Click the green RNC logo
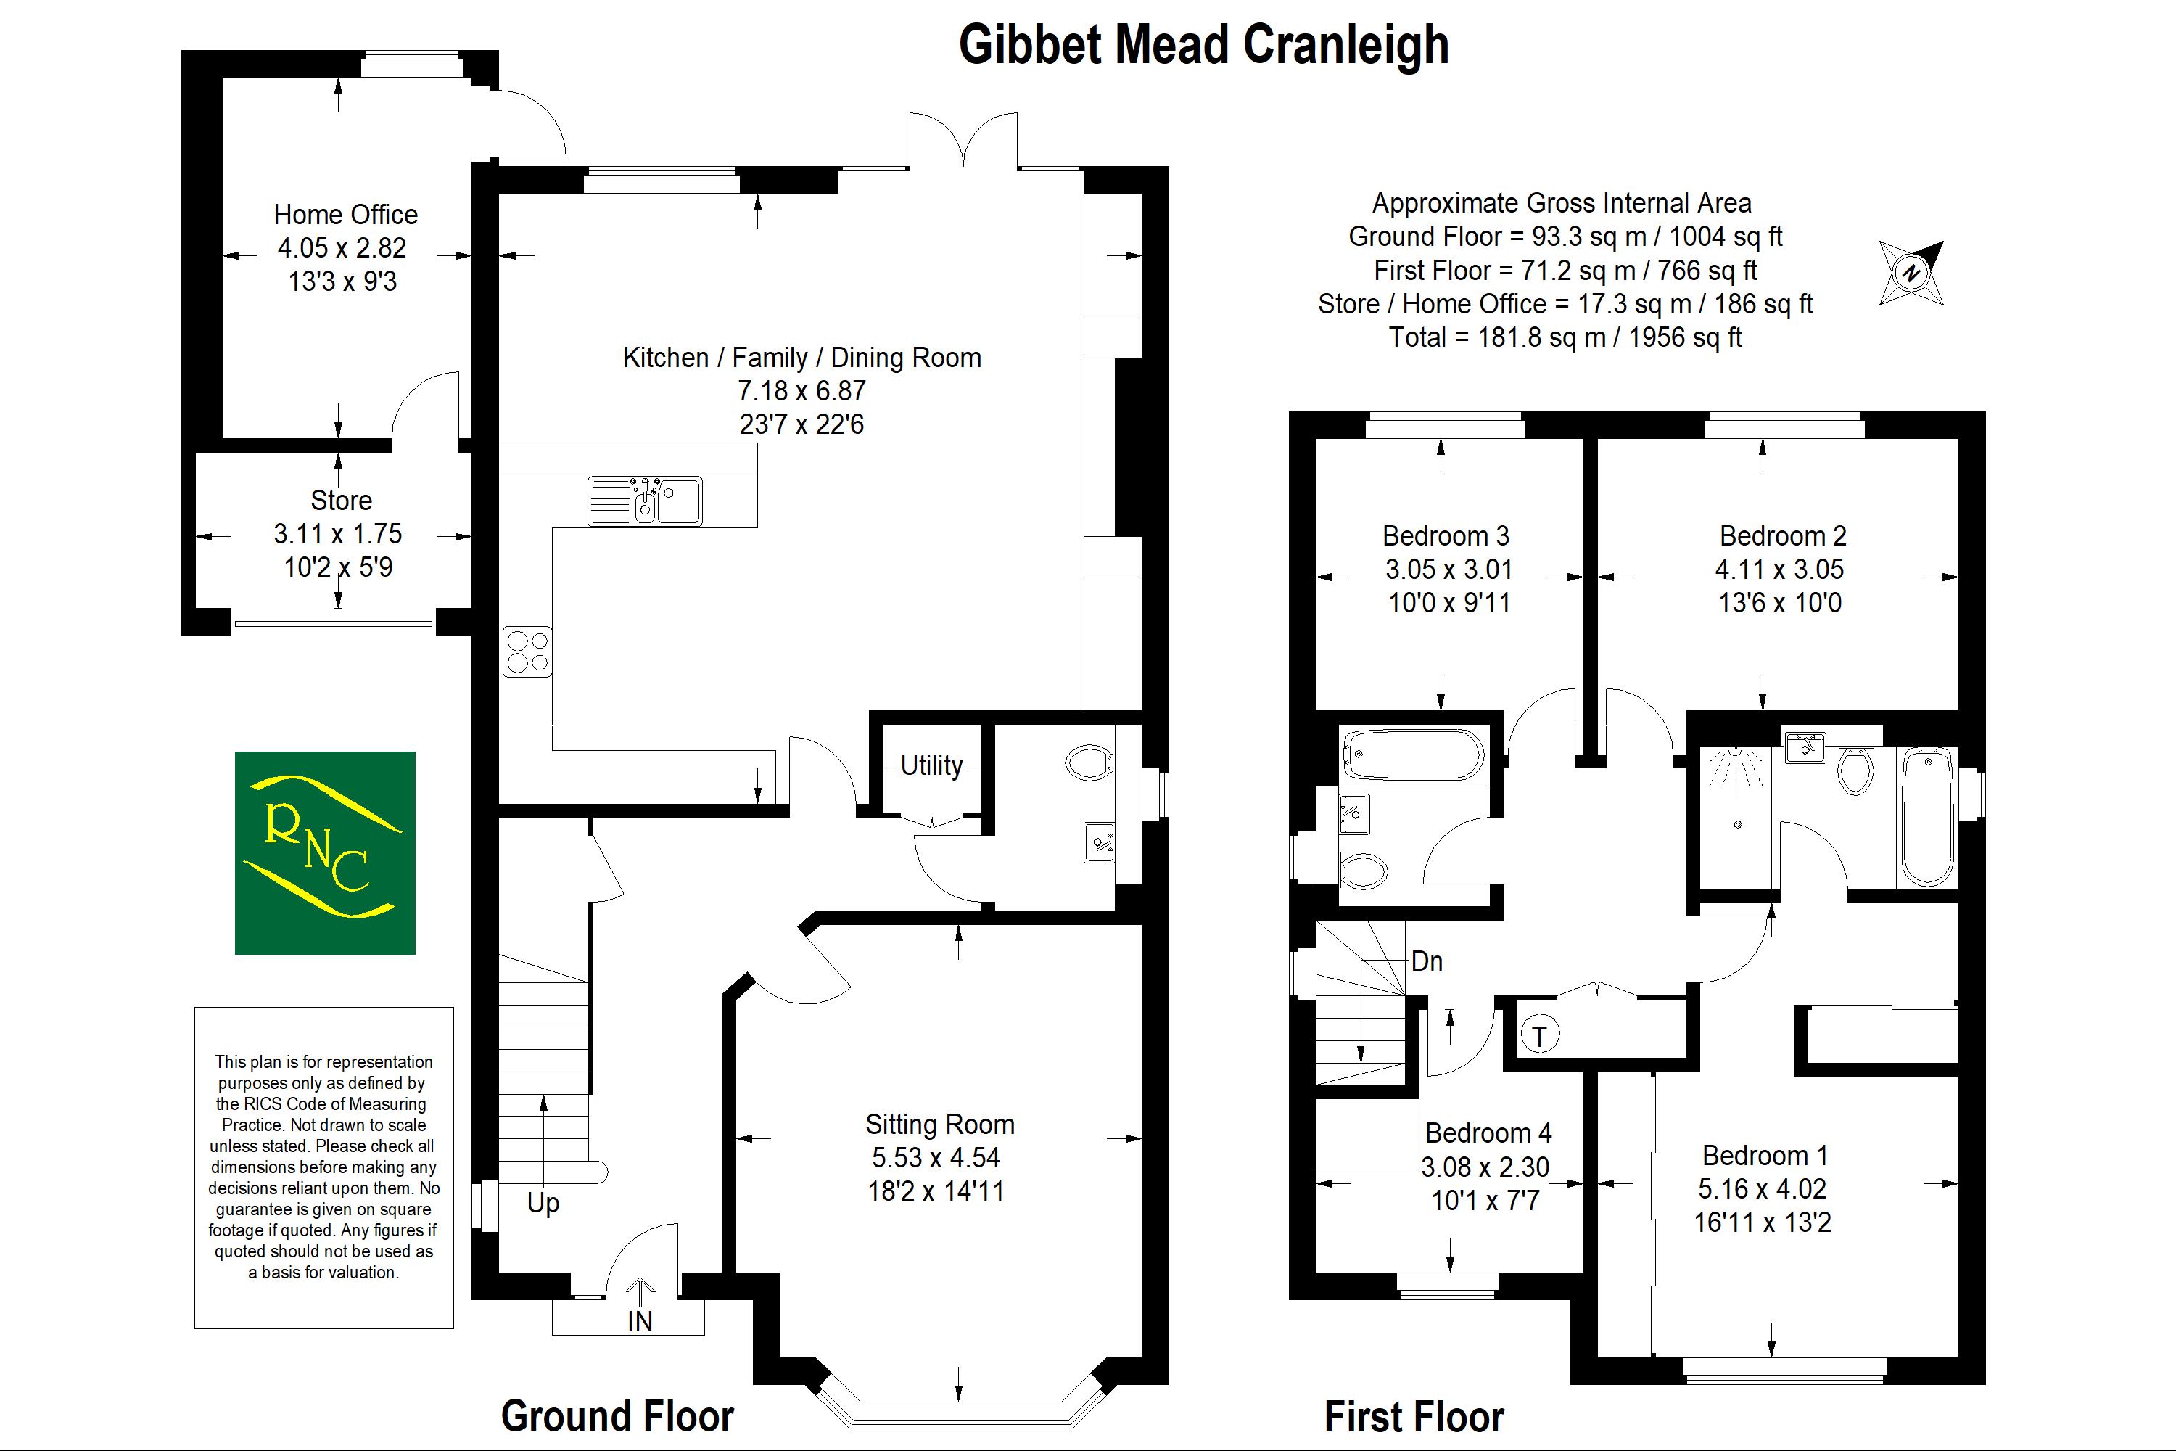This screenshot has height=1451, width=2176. tap(325, 852)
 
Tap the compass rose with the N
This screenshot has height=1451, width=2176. tap(1911, 273)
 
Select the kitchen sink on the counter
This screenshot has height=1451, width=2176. tap(645, 501)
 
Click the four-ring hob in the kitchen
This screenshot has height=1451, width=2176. tap(527, 651)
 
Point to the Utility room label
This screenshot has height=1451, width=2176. tap(931, 765)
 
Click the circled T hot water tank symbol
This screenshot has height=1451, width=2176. tap(1539, 1035)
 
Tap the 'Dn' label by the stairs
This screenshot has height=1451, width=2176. tap(1427, 961)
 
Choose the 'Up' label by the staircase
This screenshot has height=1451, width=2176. tap(543, 1203)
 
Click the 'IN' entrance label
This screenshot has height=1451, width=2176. tap(639, 1321)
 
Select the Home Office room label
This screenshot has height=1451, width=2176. tap(346, 215)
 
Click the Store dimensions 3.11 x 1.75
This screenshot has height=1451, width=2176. tap(338, 534)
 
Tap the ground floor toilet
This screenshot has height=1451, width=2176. tap(1089, 763)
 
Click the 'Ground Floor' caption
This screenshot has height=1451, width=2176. tap(617, 1416)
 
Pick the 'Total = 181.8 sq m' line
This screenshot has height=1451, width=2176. tap(1565, 337)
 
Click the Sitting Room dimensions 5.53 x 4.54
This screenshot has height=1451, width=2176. tap(936, 1158)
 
